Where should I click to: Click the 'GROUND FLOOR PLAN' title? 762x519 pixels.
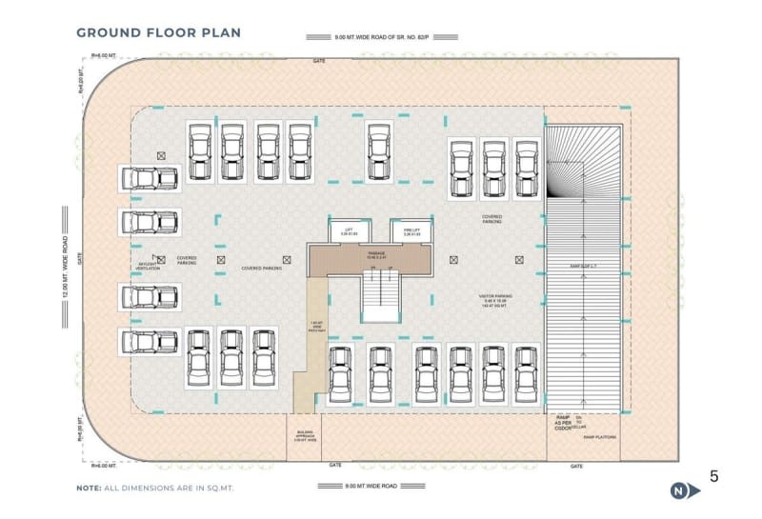[x=158, y=32]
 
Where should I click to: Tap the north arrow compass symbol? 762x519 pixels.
[x=679, y=491]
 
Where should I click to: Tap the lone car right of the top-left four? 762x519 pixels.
[x=378, y=153]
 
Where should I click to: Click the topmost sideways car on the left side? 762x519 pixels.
[x=149, y=178]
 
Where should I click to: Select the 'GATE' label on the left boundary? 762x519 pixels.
[x=81, y=258]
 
